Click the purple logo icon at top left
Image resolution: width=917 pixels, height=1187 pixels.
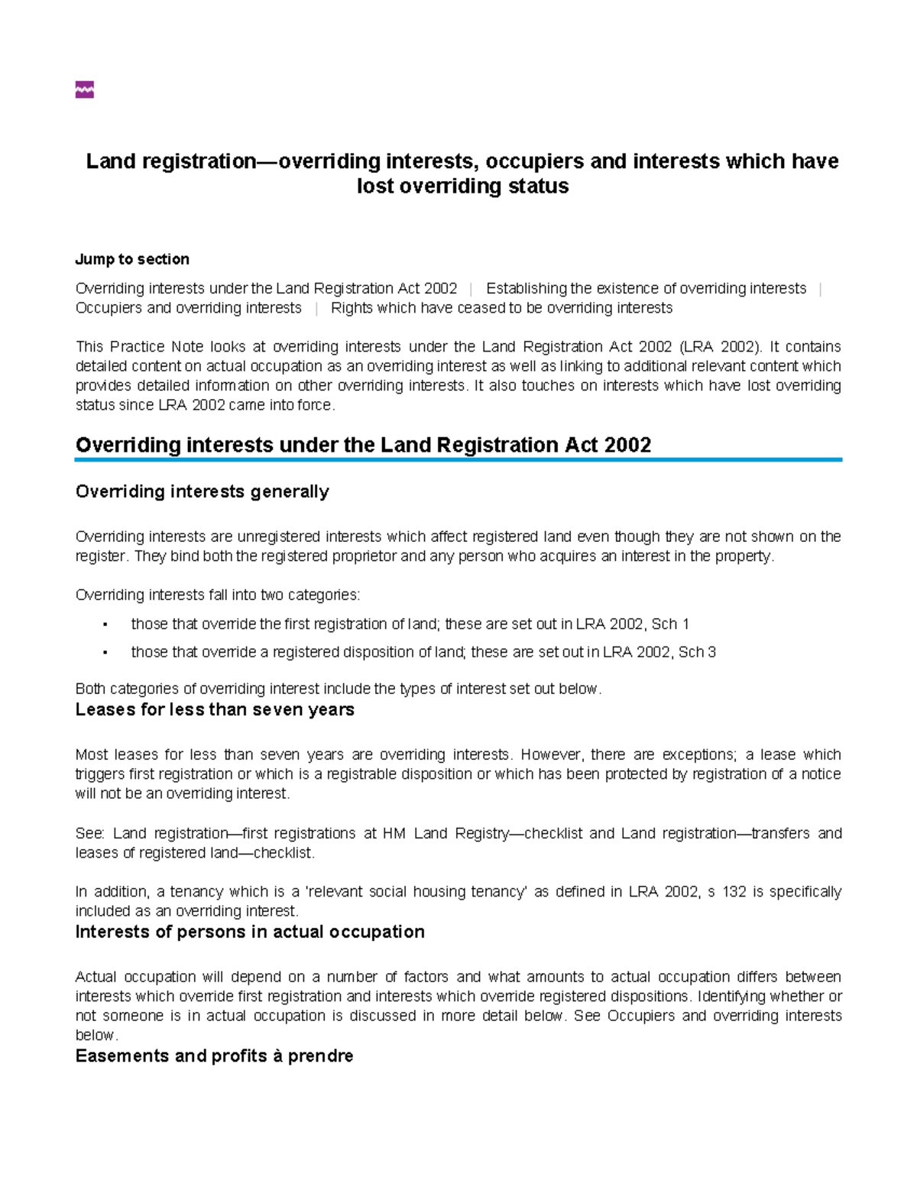[x=84, y=90]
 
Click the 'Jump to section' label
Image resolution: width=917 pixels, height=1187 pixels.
[x=132, y=259]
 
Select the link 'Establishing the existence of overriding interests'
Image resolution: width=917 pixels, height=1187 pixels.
[x=646, y=288]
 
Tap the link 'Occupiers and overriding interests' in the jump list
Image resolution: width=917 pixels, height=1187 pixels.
[x=188, y=308]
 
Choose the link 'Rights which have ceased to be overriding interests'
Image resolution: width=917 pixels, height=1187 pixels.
[x=501, y=308]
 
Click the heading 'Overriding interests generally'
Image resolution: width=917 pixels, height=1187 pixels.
[x=202, y=491]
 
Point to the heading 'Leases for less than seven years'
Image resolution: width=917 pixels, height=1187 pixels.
[x=215, y=709]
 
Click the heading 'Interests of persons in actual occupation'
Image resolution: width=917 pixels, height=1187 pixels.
[x=250, y=932]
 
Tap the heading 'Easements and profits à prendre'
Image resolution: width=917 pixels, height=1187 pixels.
[x=214, y=1056]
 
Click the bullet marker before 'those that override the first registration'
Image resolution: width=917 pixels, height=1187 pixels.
[x=104, y=624]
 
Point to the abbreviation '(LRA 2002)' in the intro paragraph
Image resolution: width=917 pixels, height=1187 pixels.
[x=721, y=346]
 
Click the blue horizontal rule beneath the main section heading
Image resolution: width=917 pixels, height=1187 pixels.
[x=458, y=460]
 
